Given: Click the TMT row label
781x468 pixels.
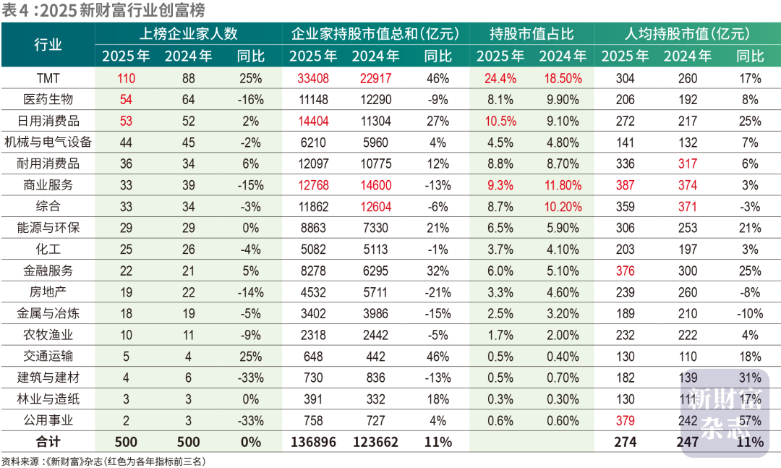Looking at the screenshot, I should [48, 78].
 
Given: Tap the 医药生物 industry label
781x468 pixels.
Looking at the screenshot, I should [48, 100].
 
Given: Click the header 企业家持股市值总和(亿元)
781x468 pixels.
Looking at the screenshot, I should [375, 34].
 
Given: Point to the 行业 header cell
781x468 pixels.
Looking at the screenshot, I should [48, 45].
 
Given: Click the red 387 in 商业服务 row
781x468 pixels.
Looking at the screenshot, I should [625, 185].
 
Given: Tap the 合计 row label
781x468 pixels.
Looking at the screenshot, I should [48, 442].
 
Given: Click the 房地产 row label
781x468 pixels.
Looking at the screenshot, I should [48, 292].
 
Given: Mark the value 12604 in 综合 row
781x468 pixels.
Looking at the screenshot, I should [375, 207].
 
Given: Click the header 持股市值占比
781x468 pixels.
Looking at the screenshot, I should [532, 34].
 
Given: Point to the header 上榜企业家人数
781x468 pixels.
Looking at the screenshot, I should [188, 34].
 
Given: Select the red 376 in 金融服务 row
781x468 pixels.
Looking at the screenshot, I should [625, 271].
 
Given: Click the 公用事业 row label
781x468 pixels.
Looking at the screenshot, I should [48, 420].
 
